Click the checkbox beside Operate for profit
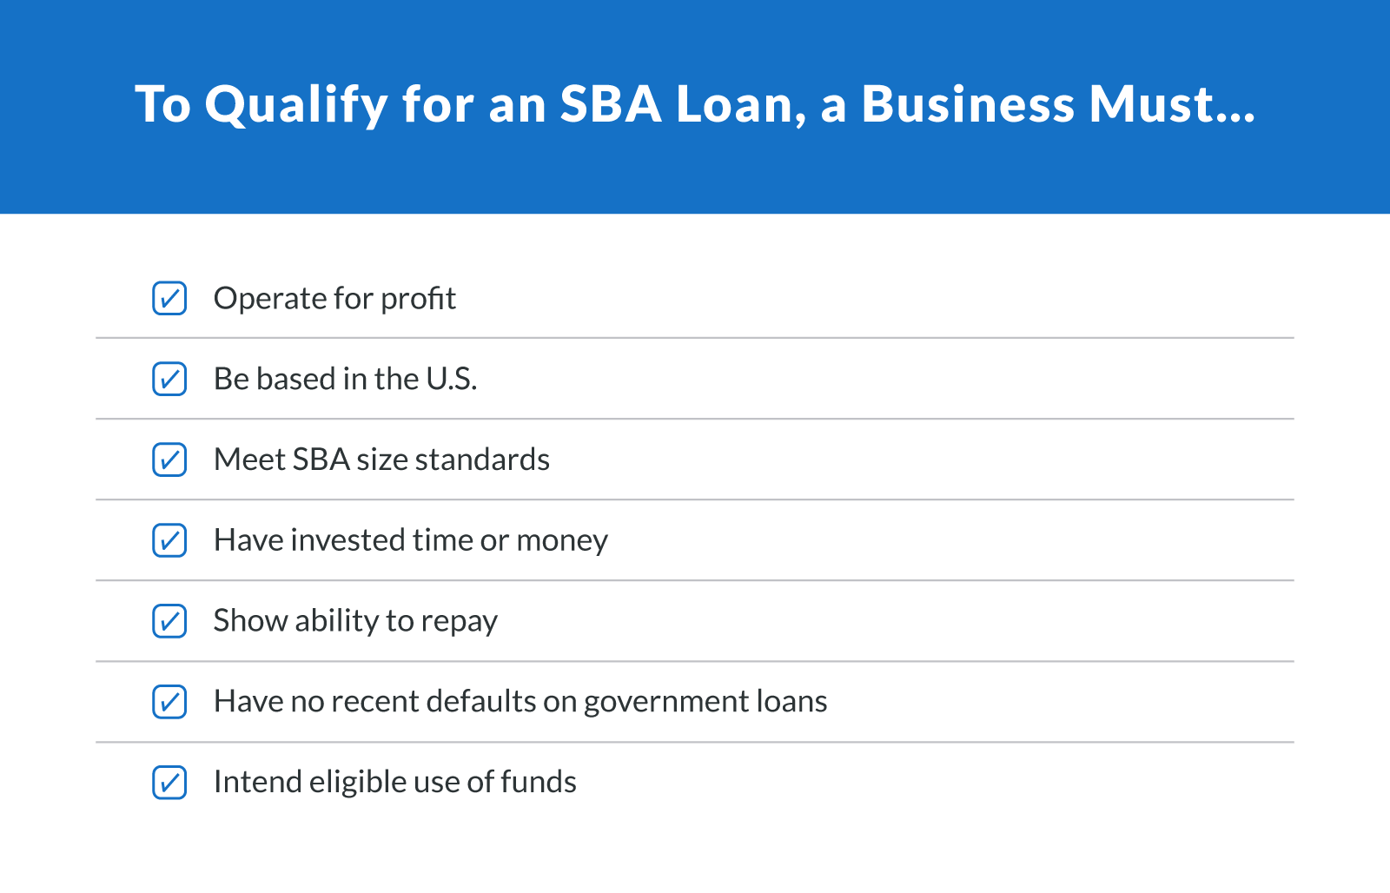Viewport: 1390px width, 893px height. pyautogui.click(x=169, y=298)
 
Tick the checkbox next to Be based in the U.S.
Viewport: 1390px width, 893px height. pyautogui.click(x=169, y=379)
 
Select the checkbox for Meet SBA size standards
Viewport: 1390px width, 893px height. pyautogui.click(x=169, y=460)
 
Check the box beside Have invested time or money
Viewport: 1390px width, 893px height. pyautogui.click(x=169, y=540)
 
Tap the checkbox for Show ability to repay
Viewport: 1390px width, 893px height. pyautogui.click(x=169, y=621)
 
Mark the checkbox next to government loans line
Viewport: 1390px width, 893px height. pyautogui.click(x=169, y=702)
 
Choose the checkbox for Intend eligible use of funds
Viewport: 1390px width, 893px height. pyautogui.click(x=169, y=782)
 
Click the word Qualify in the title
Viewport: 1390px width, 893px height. pyautogui.click(x=296, y=105)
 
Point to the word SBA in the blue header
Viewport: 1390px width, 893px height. pyautogui.click(x=611, y=103)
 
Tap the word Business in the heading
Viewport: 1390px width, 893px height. pyautogui.click(x=968, y=103)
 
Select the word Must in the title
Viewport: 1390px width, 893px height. pyautogui.click(x=1152, y=103)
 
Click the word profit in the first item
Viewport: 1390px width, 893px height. pyautogui.click(x=418, y=299)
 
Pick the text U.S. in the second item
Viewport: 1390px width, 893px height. pyautogui.click(x=451, y=379)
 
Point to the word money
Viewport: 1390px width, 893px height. pyautogui.click(x=562, y=541)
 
